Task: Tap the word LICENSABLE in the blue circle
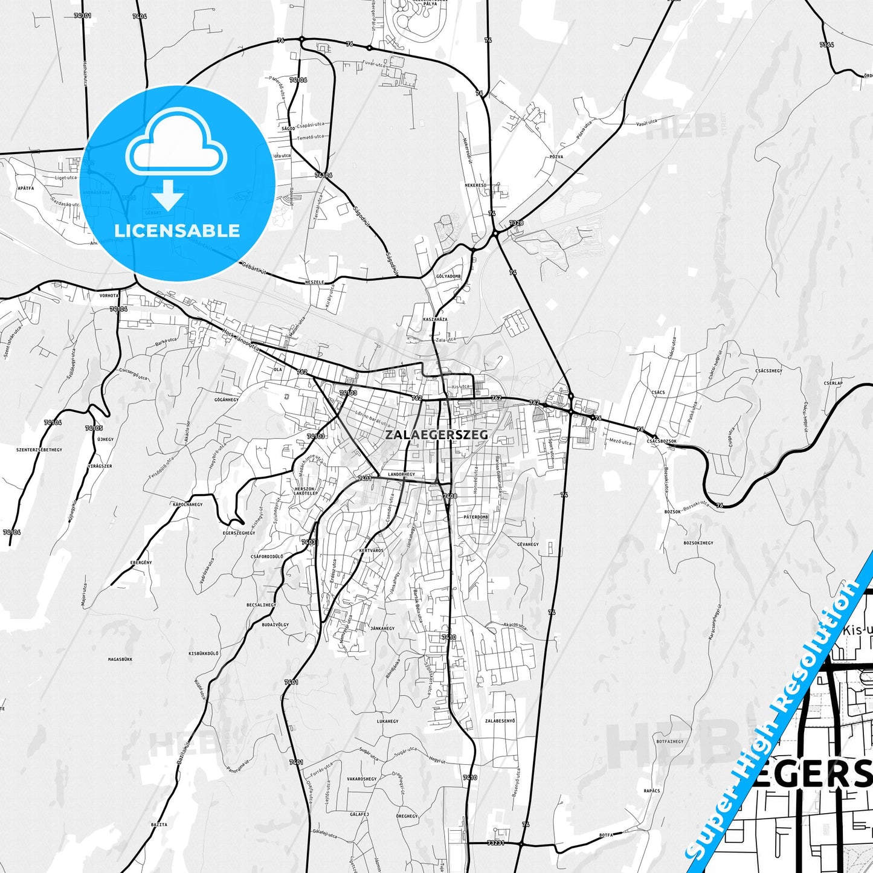[x=177, y=231]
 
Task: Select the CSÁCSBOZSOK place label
[x=662, y=441]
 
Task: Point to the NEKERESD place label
[x=475, y=185]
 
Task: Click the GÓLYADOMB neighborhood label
[x=448, y=276]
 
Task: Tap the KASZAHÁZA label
[x=435, y=319]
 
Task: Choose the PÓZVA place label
[x=556, y=156]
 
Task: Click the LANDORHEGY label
[x=402, y=475]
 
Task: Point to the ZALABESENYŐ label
[x=500, y=721]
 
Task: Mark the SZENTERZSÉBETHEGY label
[x=39, y=450]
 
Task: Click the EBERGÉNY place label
[x=141, y=562]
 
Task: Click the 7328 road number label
[x=516, y=223]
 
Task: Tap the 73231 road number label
[x=495, y=843]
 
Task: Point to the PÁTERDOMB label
[x=476, y=517]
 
